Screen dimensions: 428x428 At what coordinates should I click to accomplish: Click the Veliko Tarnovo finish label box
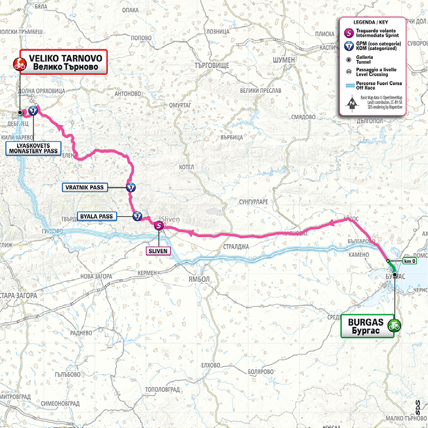[63, 62]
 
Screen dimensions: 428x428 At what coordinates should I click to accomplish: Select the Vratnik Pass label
[84, 187]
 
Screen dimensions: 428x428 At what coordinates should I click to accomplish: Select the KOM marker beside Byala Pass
[137, 217]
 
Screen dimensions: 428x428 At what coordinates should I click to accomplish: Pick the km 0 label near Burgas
[409, 261]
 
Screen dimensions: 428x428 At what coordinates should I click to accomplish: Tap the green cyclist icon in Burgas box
[395, 325]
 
